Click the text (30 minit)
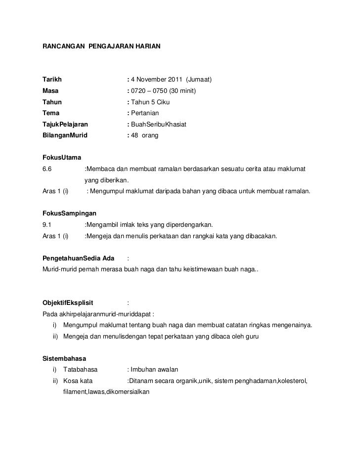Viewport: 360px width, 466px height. [182, 91]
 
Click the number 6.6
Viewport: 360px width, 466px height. [47, 170]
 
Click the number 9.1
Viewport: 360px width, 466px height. [47, 225]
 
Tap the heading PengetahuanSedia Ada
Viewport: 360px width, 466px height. [79, 258]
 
